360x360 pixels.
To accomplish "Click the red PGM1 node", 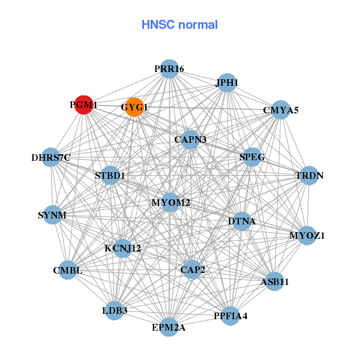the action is [83, 104].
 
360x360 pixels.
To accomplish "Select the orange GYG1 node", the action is [134, 107].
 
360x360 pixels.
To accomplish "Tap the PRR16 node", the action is [169, 69].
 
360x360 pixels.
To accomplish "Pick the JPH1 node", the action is [227, 83].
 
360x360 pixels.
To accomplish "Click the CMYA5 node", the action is [280, 110].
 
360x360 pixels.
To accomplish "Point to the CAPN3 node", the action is [191, 140].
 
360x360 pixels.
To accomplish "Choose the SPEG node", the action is [252, 157].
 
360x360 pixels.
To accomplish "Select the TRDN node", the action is [309, 176].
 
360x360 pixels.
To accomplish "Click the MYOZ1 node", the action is [307, 235].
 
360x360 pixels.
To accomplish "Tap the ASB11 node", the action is [274, 281].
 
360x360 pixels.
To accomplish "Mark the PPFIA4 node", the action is [230, 316].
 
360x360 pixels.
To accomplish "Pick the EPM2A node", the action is [169, 327].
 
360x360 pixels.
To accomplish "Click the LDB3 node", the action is [115, 311].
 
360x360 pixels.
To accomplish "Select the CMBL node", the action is [68, 271].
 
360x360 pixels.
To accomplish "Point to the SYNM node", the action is [52, 215].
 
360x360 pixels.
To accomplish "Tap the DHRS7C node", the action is [51, 158].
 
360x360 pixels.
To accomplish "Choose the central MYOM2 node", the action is [171, 203].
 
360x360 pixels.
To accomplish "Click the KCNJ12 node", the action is [122, 248].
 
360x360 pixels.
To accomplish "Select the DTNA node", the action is [242, 221].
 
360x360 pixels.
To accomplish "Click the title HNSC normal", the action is [179, 25].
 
